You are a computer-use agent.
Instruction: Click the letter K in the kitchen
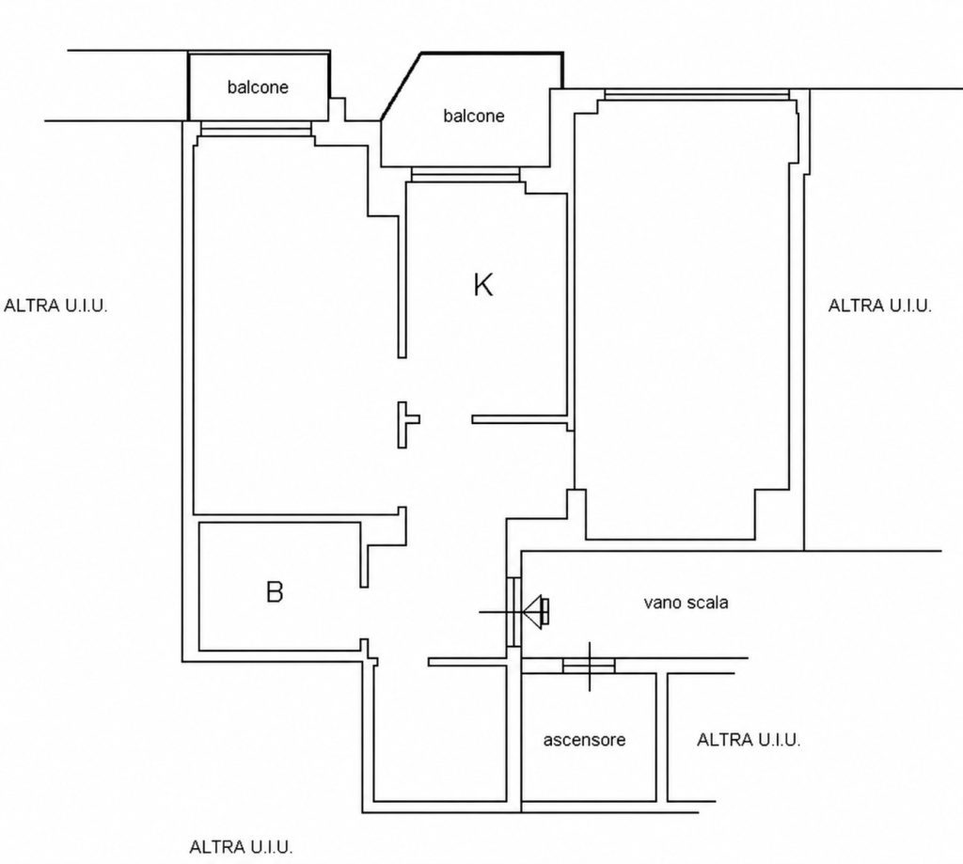482,285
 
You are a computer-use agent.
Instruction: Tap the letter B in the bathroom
275,592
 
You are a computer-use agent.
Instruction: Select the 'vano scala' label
686,603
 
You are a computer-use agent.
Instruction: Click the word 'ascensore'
584,740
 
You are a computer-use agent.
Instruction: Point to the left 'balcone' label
258,86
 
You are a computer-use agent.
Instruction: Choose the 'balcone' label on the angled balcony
474,116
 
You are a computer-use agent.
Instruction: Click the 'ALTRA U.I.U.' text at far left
55,306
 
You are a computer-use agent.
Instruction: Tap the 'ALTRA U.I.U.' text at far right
880,306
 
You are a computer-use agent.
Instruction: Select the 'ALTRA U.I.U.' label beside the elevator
749,740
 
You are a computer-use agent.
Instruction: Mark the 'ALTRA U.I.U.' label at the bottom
241,847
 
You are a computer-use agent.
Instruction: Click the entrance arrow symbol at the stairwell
535,612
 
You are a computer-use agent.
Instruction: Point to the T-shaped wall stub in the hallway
406,424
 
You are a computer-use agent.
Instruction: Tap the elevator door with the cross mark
589,666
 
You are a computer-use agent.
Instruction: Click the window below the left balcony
256,128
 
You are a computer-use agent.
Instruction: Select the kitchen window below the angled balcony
466,174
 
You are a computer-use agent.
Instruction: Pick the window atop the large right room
697,95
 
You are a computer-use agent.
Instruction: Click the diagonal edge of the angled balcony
401,86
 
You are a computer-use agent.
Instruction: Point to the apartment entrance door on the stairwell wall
513,612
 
